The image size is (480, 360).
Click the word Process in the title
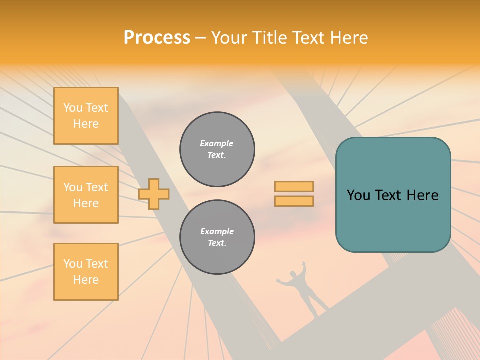157,38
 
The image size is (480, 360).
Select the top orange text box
86,116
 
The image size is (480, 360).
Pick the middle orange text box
86,195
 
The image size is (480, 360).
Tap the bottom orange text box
86,272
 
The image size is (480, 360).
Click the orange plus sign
154,194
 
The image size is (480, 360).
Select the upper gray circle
217,149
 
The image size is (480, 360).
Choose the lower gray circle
217,237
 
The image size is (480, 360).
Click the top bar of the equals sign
294,186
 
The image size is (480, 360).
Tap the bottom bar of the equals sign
294,201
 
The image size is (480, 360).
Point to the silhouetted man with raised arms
302,287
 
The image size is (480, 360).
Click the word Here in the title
350,38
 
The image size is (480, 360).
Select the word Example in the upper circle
217,143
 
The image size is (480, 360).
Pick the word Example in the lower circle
217,231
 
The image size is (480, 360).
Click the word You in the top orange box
73,108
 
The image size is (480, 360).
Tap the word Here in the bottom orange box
86,280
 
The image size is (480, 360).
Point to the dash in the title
201,38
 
